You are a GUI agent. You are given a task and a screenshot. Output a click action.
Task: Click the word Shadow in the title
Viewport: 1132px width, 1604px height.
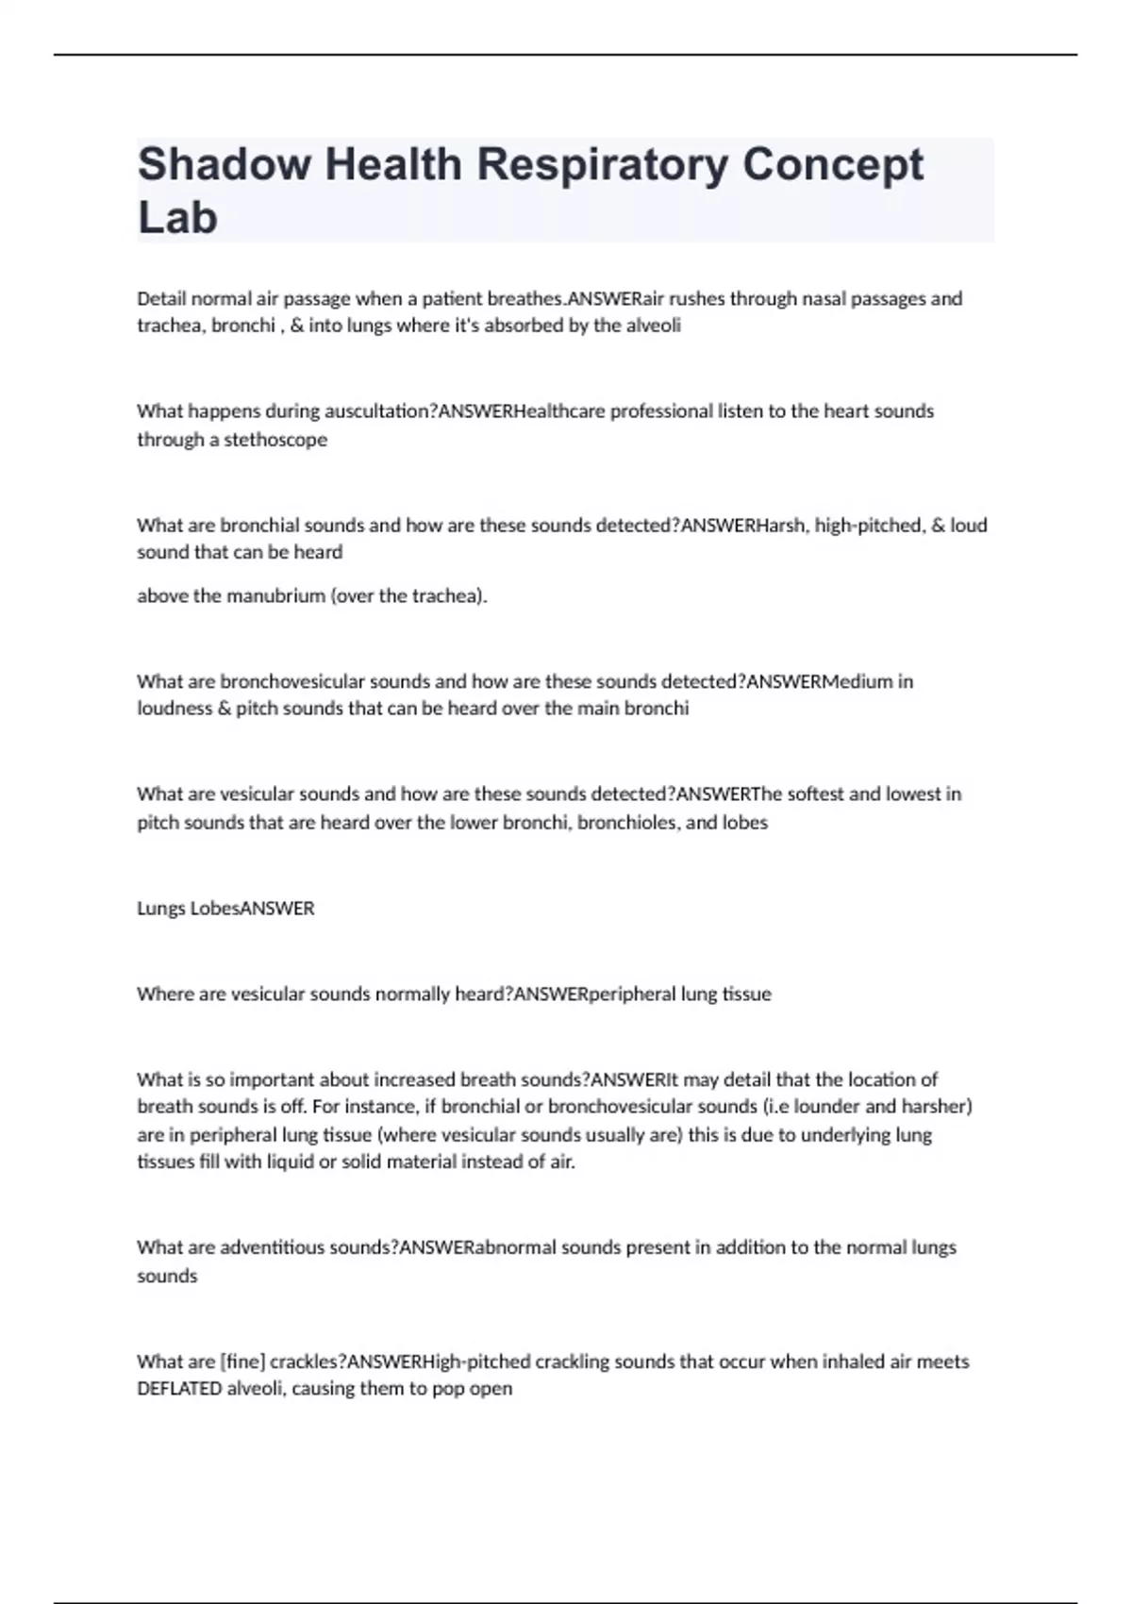[x=224, y=164]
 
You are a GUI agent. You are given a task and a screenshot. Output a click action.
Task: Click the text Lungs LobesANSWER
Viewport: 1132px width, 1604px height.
[x=225, y=909]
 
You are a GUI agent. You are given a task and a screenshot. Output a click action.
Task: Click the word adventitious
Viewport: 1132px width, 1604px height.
[x=274, y=1248]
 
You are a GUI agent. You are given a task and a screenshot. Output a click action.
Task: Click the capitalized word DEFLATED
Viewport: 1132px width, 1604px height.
[x=179, y=1389]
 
